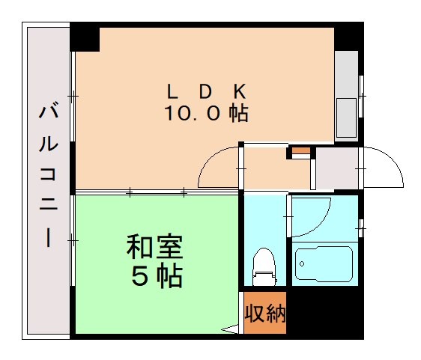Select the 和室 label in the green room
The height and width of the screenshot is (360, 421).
click(x=154, y=248)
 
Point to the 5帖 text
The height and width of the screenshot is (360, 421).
click(x=156, y=277)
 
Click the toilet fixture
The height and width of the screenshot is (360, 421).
click(x=264, y=268)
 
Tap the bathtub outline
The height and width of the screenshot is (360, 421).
click(x=324, y=264)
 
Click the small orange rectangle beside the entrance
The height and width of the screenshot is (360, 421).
click(x=299, y=153)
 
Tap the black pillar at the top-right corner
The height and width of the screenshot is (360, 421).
click(x=349, y=37)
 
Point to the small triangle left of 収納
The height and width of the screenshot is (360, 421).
click(x=229, y=328)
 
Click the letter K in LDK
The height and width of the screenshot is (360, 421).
click(x=240, y=91)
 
